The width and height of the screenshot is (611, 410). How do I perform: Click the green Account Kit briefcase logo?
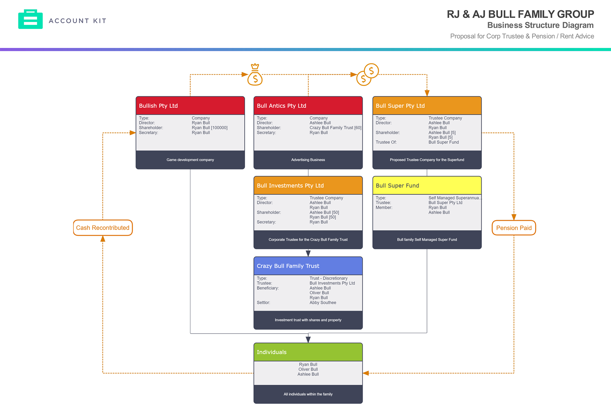pos(30,19)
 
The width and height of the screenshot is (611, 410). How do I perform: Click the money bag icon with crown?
pos(255,75)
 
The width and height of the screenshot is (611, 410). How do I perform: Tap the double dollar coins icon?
pos(367,75)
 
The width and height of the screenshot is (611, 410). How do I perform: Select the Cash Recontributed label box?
pos(103,228)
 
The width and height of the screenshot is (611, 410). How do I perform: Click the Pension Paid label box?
pos(514,228)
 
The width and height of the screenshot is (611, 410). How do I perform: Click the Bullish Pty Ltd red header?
pos(190,106)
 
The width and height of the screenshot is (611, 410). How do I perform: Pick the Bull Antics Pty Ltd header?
pos(308,106)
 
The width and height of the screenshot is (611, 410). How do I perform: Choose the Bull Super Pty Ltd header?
pos(427,106)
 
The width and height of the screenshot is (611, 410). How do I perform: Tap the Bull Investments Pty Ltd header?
pos(308,185)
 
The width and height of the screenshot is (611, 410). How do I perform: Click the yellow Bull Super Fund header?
pos(427,185)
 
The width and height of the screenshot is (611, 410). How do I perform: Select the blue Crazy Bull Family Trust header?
pos(308,266)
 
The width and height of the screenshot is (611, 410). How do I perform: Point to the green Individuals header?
pos(308,352)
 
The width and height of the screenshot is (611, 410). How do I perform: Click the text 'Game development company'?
pos(190,160)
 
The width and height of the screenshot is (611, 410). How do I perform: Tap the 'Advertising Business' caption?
pos(308,160)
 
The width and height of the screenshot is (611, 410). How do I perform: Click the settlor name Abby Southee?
pos(323,303)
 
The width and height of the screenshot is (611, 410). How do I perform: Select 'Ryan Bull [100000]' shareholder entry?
pos(209,128)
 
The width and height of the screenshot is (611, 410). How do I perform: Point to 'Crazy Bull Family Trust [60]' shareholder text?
pos(335,128)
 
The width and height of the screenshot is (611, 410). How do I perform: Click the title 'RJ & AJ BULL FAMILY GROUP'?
pos(520,14)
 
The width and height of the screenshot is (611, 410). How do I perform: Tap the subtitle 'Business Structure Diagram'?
pos(540,25)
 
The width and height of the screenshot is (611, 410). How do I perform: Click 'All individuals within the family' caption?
pos(308,394)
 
